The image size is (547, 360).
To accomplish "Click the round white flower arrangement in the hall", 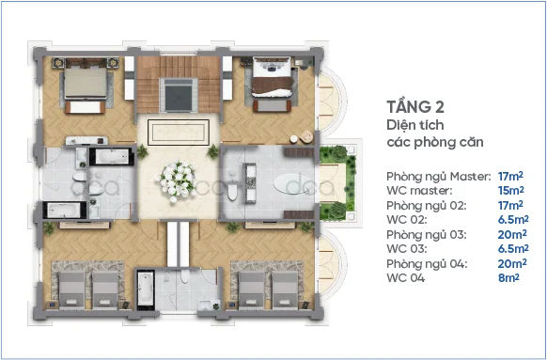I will click(x=178, y=175).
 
